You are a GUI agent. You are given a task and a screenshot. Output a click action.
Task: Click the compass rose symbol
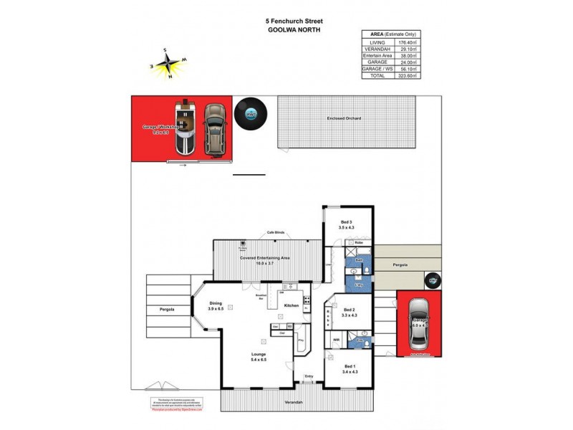pos(168,64)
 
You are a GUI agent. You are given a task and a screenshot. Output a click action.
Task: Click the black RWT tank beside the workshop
pos(251,113)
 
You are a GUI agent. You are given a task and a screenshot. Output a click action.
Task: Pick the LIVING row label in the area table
pos(377,42)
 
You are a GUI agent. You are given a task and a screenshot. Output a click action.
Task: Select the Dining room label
pos(216,305)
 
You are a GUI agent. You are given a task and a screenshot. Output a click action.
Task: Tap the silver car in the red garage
pos(418,322)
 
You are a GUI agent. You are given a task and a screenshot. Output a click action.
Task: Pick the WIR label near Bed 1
pos(335,340)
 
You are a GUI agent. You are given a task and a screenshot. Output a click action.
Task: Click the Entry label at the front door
pos(309,376)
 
